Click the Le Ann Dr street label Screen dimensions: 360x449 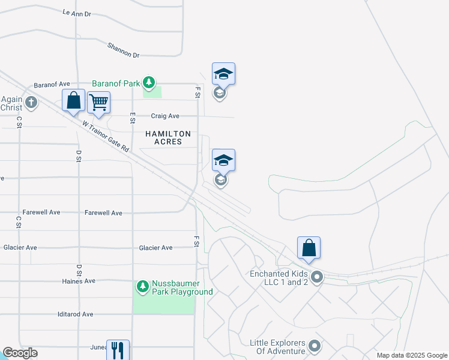(x=77, y=13)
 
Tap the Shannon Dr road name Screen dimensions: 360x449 (x=123, y=50)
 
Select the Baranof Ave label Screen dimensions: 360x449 (x=52, y=85)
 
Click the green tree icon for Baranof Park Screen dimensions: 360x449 (x=149, y=83)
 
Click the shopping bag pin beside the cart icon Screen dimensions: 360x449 (x=73, y=101)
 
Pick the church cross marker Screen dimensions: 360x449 (x=31, y=103)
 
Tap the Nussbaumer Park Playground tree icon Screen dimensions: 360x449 (x=143, y=287)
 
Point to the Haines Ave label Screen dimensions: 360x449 (x=79, y=281)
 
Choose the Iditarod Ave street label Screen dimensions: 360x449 (x=75, y=314)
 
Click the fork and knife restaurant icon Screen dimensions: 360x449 (x=118, y=350)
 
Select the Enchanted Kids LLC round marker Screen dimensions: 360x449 (x=318, y=277)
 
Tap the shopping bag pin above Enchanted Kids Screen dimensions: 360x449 (x=309, y=248)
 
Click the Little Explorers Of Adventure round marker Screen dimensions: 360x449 (x=314, y=346)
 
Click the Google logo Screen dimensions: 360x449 (x=20, y=353)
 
